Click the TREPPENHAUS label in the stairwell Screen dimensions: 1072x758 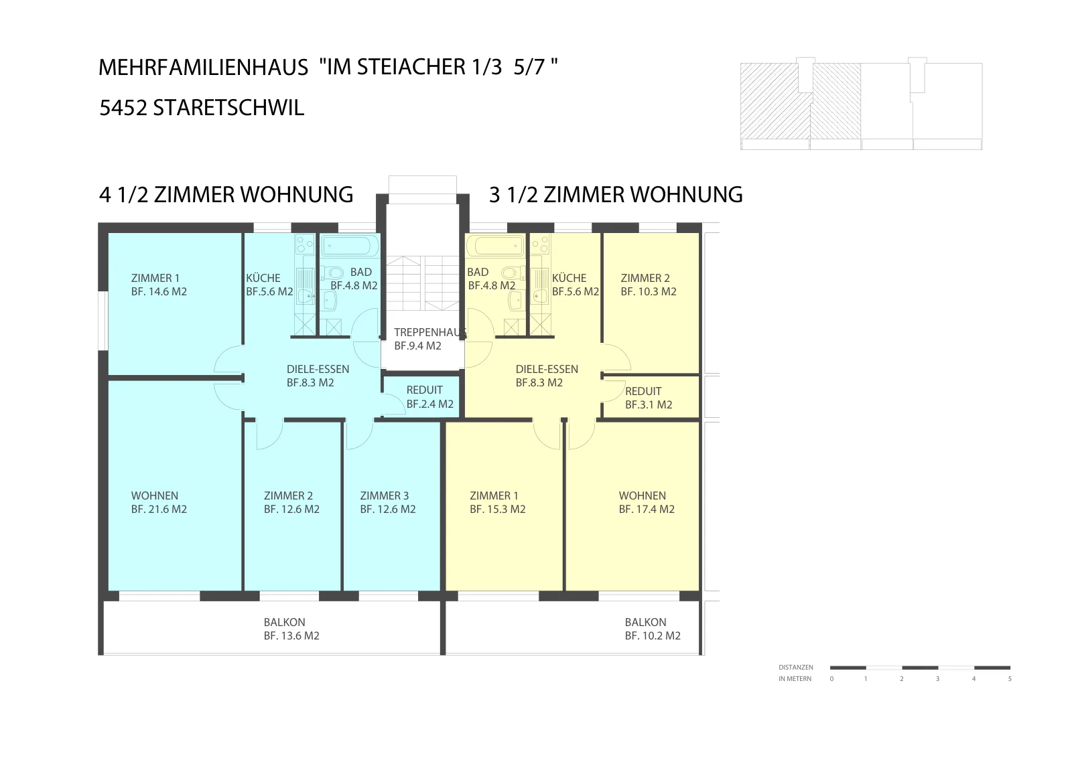pyautogui.click(x=430, y=332)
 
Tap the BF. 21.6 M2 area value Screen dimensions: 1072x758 pyautogui.click(x=159, y=510)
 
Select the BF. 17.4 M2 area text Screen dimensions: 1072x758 pyautogui.click(x=647, y=510)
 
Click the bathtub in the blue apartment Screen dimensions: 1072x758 pyautogui.click(x=350, y=246)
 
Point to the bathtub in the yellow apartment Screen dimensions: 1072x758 pyautogui.click(x=496, y=246)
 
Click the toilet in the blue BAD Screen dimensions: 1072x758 pyautogui.click(x=334, y=273)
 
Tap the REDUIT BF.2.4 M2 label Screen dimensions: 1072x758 pyautogui.click(x=429, y=397)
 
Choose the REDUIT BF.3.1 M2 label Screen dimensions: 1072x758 pyautogui.click(x=649, y=398)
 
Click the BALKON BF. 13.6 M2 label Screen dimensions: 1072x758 pyautogui.click(x=291, y=629)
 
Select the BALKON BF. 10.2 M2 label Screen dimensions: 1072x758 pyautogui.click(x=653, y=629)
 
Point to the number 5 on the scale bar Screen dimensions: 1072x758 pyautogui.click(x=1010, y=678)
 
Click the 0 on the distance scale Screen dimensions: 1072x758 pyautogui.click(x=831, y=678)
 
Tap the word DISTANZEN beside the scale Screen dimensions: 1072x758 pyautogui.click(x=796, y=667)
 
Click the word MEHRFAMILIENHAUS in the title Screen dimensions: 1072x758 pyautogui.click(x=204, y=68)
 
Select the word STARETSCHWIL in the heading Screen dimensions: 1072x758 pyautogui.click(x=228, y=108)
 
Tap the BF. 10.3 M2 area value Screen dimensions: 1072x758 pyautogui.click(x=649, y=292)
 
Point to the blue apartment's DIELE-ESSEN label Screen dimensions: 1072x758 pyautogui.click(x=318, y=369)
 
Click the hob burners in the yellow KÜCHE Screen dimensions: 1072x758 pyautogui.click(x=540, y=245)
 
